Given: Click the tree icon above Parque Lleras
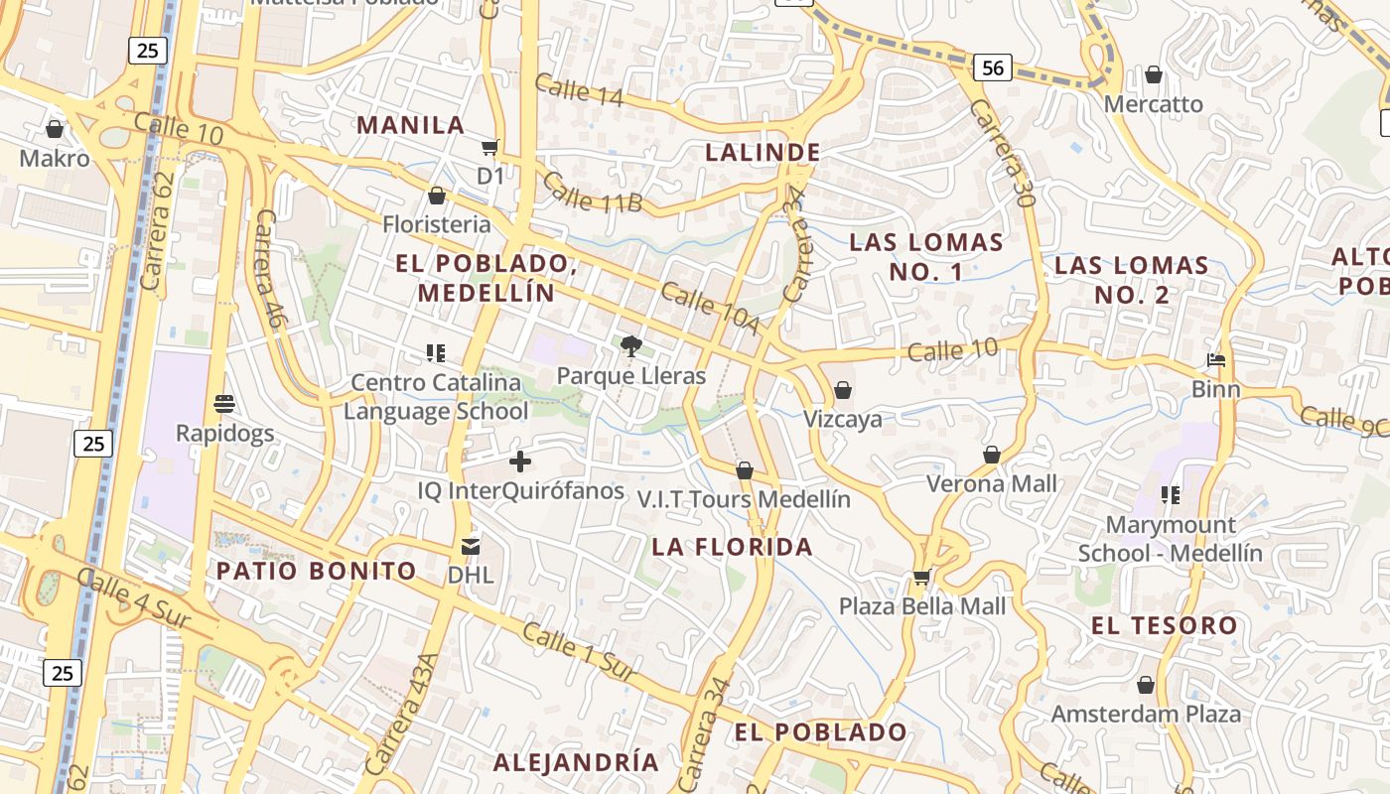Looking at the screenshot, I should click(x=629, y=346).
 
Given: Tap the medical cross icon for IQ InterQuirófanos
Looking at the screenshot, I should click(x=519, y=462).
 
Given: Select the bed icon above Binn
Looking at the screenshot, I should click(x=1215, y=359).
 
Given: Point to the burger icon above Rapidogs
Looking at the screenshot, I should click(x=224, y=404).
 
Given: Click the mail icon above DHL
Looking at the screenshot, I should click(x=471, y=546).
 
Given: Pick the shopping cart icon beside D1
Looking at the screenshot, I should click(x=488, y=148).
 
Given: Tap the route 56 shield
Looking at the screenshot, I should click(x=992, y=67).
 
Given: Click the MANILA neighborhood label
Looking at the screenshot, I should click(x=410, y=125).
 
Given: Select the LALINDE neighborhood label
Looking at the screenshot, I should click(x=763, y=153).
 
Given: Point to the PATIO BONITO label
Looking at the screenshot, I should click(x=317, y=571).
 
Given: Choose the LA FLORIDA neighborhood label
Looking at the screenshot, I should click(x=732, y=547).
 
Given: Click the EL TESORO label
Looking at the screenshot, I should click(x=1164, y=625).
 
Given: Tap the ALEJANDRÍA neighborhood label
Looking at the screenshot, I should click(x=576, y=762).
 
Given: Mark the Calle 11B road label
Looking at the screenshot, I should click(x=593, y=194).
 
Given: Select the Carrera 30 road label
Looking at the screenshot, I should click(x=1004, y=153).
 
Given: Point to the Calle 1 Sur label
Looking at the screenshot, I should click(x=578, y=653).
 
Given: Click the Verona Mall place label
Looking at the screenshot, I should click(x=991, y=484).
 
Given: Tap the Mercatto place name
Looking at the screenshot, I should click(x=1153, y=104).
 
